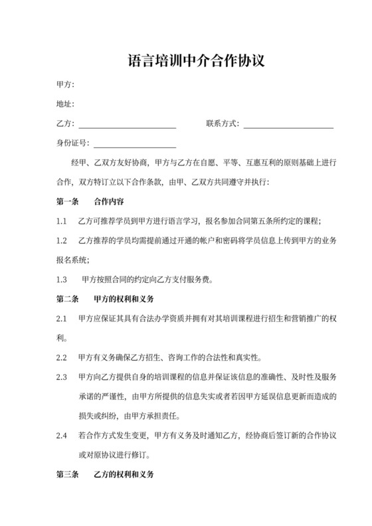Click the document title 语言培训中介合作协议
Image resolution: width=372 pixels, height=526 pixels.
(187, 62)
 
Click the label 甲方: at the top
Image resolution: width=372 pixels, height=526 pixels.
(66, 85)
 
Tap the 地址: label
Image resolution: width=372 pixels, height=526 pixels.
(66, 104)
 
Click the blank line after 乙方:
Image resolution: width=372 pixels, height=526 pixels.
(128, 125)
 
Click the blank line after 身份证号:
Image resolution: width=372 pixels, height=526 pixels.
(135, 144)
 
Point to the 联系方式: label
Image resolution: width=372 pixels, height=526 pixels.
(223, 124)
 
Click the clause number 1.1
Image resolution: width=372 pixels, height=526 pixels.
(62, 221)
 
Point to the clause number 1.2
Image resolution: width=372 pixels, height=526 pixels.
(62, 240)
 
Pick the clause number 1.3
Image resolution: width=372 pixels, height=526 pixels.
(62, 280)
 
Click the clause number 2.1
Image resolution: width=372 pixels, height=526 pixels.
(62, 319)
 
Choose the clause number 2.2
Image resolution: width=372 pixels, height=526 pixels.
(62, 358)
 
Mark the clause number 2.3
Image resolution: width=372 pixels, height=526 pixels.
(62, 377)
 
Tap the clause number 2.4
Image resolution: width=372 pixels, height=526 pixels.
(62, 436)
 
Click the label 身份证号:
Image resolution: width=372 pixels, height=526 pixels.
(73, 143)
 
